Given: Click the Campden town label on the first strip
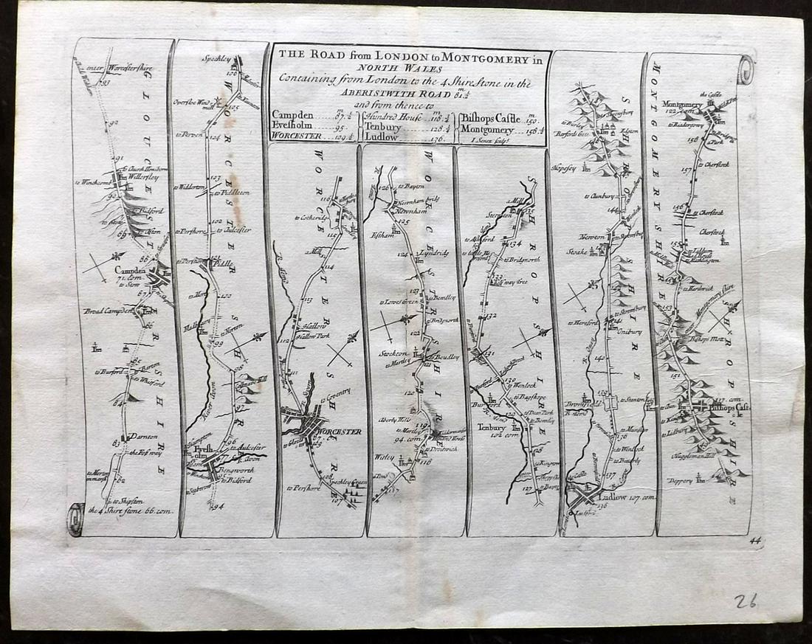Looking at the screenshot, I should tap(129, 271).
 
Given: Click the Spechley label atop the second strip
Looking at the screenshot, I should tap(216, 58).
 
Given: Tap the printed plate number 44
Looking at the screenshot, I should tap(754, 541).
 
